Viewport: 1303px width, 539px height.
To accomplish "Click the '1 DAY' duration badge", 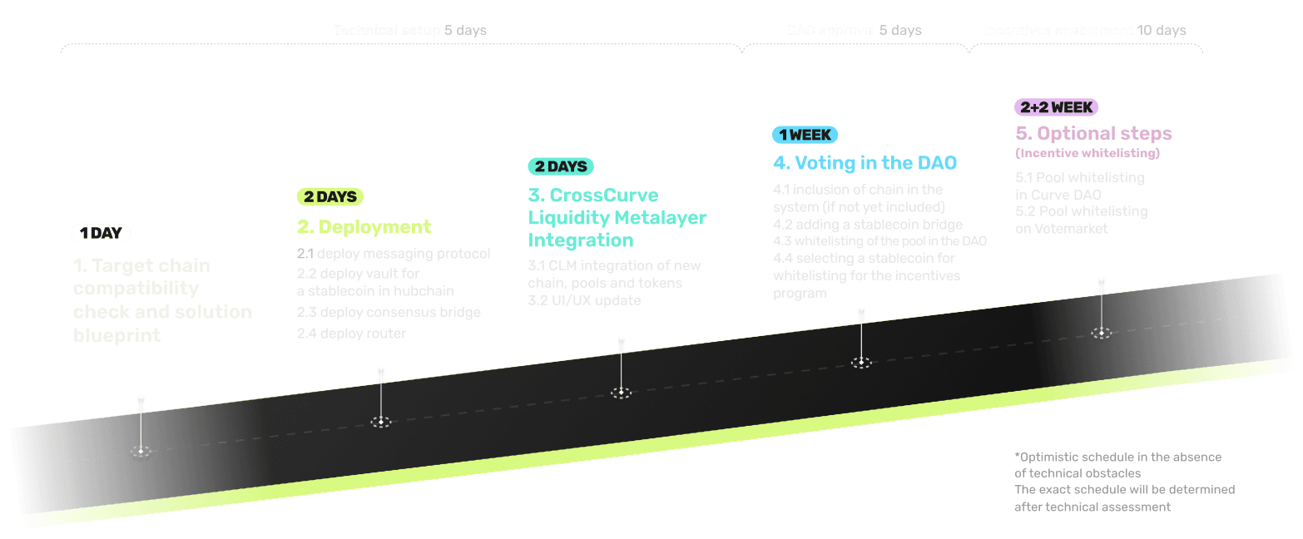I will coord(101,233).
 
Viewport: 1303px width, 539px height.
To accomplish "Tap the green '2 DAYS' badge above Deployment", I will coord(329,197).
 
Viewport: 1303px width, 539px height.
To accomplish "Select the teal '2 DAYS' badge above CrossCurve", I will coord(561,166).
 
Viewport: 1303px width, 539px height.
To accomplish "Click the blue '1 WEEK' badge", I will coord(805,135).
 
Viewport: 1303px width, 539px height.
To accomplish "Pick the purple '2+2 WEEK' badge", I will coord(1056,106).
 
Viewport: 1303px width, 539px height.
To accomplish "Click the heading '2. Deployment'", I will coord(364,227).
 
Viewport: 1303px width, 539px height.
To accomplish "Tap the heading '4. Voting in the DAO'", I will coord(865,163).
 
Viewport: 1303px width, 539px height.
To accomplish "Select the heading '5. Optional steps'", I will coord(1093,133).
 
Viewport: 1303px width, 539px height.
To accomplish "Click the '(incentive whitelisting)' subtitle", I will coord(1087,153).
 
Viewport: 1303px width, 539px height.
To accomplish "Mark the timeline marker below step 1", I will coord(141,451).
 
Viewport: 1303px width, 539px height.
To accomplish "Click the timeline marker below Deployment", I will coord(381,422).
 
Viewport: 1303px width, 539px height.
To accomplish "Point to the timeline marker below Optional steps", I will coord(1102,333).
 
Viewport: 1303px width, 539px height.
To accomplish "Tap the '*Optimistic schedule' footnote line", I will coord(1117,457).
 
